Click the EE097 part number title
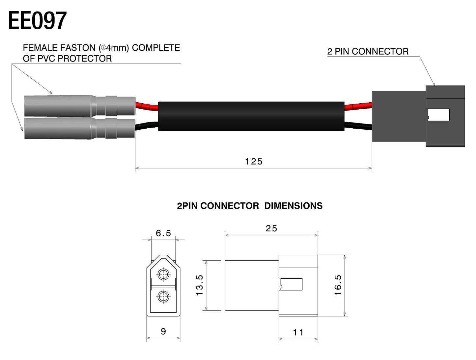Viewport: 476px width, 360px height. [37, 21]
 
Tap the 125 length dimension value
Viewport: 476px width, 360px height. [254, 161]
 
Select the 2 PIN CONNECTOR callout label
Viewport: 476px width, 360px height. [368, 52]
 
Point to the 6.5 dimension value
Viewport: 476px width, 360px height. [163, 233]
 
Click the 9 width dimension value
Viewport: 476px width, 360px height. [163, 331]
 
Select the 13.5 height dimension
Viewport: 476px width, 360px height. [200, 285]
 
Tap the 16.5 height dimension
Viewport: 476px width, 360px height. [338, 285]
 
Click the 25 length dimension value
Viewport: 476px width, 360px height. [271, 228]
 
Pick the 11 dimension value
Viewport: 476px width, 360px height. [298, 332]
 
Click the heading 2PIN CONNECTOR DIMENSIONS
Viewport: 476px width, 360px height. [250, 206]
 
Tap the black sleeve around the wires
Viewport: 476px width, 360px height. [251, 116]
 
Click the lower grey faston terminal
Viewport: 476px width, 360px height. [79, 128]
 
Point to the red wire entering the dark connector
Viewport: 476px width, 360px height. [358, 106]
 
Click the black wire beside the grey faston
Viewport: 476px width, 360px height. [147, 126]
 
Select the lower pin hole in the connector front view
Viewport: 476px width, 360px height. [163, 297]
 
